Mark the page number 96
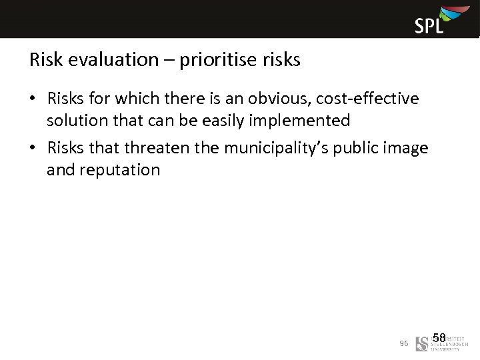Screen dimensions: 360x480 [x=403, y=343]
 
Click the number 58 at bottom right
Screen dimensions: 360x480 [x=439, y=339]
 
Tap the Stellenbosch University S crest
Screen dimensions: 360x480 [x=422, y=343]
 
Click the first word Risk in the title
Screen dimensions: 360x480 [x=44, y=61]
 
